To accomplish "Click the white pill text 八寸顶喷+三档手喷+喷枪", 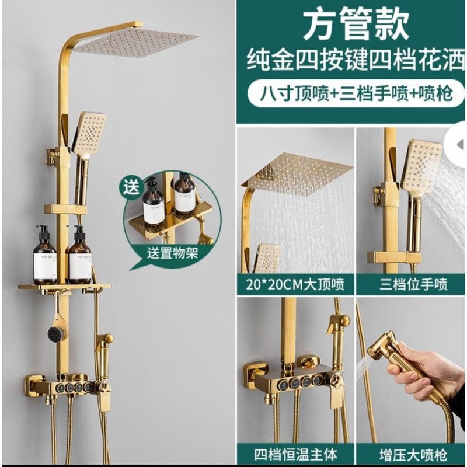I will pos(351,93).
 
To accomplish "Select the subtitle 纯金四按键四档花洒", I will pos(351,60).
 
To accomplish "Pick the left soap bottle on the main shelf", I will pos(45,257).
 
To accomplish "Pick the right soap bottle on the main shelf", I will pos(79,257).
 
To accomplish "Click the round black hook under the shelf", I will pos(56,333).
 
